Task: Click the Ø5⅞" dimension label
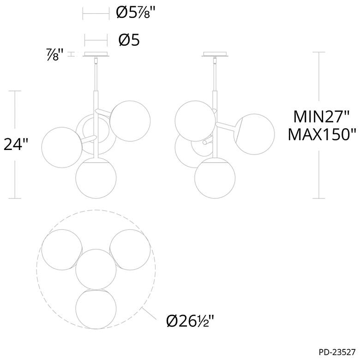(x=136, y=12)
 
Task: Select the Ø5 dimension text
(x=129, y=40)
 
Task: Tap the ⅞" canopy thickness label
(x=55, y=54)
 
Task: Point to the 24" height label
(x=16, y=144)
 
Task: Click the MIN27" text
(x=321, y=117)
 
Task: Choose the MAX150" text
(x=322, y=134)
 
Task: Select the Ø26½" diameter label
(x=190, y=320)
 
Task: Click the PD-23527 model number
(x=337, y=352)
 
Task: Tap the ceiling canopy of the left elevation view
(x=96, y=54)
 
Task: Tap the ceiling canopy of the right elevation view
(x=215, y=54)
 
